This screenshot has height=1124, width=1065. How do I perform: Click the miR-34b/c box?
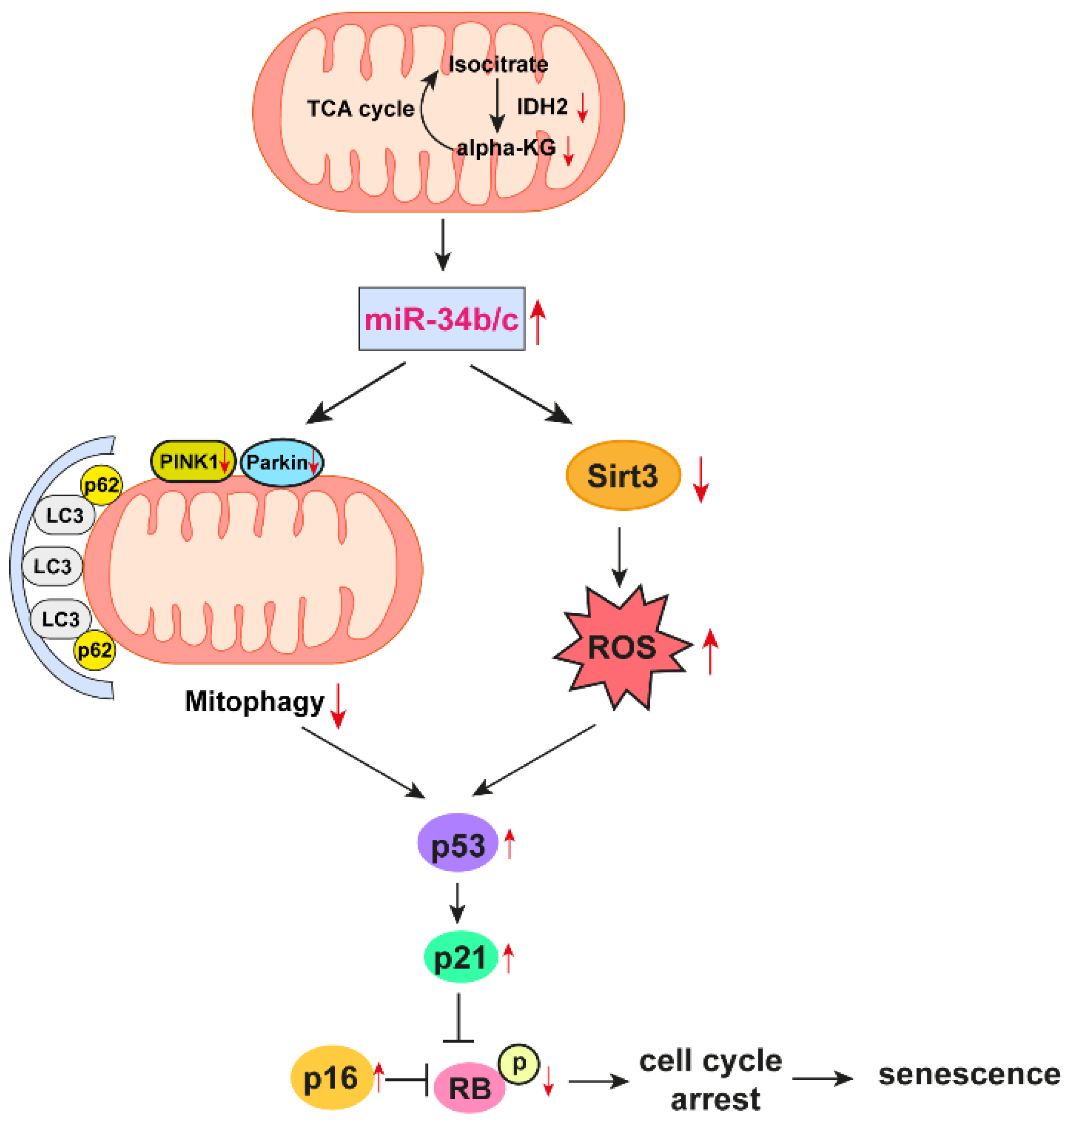coord(441,318)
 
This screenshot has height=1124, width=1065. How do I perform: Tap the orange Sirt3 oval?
coord(623,475)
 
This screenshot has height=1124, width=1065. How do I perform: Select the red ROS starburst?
coord(622,647)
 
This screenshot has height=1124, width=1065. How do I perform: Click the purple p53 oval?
coord(457,842)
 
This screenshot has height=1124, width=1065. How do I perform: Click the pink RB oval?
coord(470,1088)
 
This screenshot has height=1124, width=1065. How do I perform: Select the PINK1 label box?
coord(192,462)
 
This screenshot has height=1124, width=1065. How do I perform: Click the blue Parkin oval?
coord(282,463)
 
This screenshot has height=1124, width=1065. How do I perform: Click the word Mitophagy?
coord(255,702)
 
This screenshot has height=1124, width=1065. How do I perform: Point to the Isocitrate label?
coord(498,65)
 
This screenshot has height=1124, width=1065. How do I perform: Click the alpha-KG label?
coord(506,148)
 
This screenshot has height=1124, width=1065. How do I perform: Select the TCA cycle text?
coord(361,109)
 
